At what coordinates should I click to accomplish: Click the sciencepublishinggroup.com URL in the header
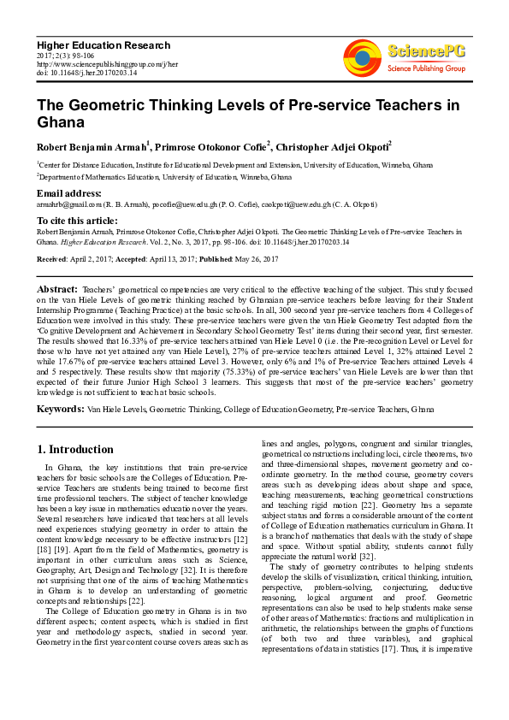(107, 64)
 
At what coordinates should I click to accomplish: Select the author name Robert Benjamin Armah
(92, 146)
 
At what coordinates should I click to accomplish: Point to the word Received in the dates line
(53, 258)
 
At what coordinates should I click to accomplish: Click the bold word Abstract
(57, 290)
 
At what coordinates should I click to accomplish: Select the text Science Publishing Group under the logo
(425, 68)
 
